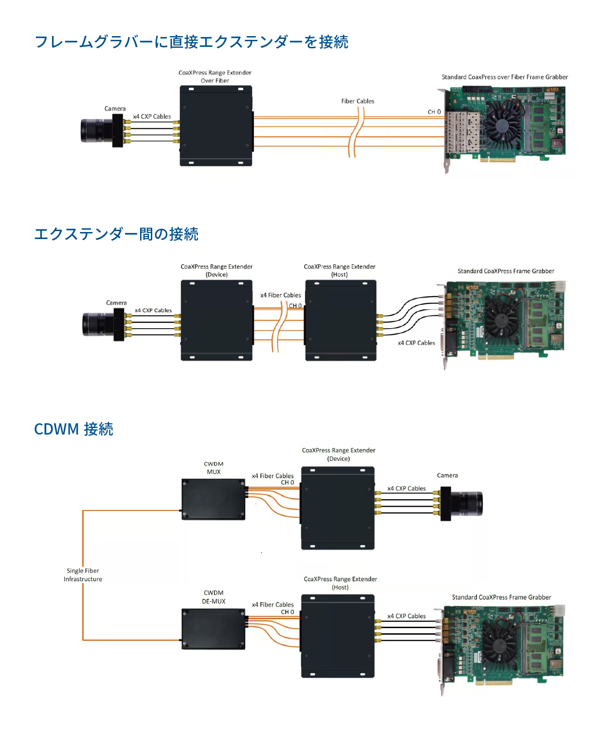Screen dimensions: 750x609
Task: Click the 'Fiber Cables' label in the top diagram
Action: coord(357,101)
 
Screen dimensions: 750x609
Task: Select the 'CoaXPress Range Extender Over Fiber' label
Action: coord(215,76)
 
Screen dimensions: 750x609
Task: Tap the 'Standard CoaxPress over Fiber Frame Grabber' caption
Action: coord(505,77)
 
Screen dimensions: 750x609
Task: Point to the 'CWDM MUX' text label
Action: coord(214,468)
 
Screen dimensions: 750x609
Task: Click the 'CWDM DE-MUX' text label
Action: coord(214,597)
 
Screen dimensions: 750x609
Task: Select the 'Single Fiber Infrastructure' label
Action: coord(83,575)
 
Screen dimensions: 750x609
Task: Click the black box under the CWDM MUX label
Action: coord(214,499)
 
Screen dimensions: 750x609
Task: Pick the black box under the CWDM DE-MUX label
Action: coord(214,629)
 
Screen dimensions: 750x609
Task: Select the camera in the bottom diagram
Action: coord(461,503)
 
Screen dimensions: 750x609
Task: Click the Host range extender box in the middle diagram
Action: coord(341,320)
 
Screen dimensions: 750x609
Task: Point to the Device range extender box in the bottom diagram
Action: coord(338,508)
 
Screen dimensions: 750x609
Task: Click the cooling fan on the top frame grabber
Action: coord(503,125)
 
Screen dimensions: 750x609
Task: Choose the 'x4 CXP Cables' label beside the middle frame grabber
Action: coord(416,343)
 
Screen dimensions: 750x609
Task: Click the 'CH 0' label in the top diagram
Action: coord(434,112)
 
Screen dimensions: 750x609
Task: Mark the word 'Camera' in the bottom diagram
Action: coord(447,476)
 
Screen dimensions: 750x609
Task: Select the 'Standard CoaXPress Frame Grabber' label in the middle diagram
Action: coord(506,271)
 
